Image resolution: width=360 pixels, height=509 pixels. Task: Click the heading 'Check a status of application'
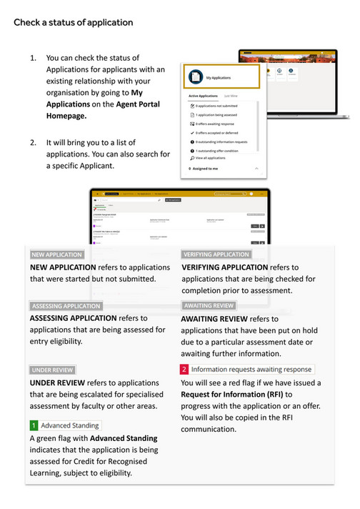pos(73,22)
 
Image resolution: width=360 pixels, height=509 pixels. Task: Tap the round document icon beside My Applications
pos(194,76)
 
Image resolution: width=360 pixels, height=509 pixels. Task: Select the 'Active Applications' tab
pos(203,95)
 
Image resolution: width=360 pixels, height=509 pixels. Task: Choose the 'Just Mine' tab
pos(231,95)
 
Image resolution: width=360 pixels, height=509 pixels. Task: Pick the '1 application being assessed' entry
pos(220,114)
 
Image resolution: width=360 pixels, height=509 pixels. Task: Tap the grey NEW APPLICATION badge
pos(57,254)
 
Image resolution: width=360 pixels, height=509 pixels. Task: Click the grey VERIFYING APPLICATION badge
pos(216,254)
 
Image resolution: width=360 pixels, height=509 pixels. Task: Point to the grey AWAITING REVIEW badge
pos(209,305)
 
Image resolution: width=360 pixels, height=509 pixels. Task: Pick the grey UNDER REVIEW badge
pos(53,370)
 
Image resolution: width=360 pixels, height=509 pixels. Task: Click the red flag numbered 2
pos(184,370)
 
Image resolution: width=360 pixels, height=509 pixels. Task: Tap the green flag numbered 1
pos(34,425)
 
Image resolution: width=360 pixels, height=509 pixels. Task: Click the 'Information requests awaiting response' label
pos(251,370)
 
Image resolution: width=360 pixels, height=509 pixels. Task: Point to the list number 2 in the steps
pos(33,142)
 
